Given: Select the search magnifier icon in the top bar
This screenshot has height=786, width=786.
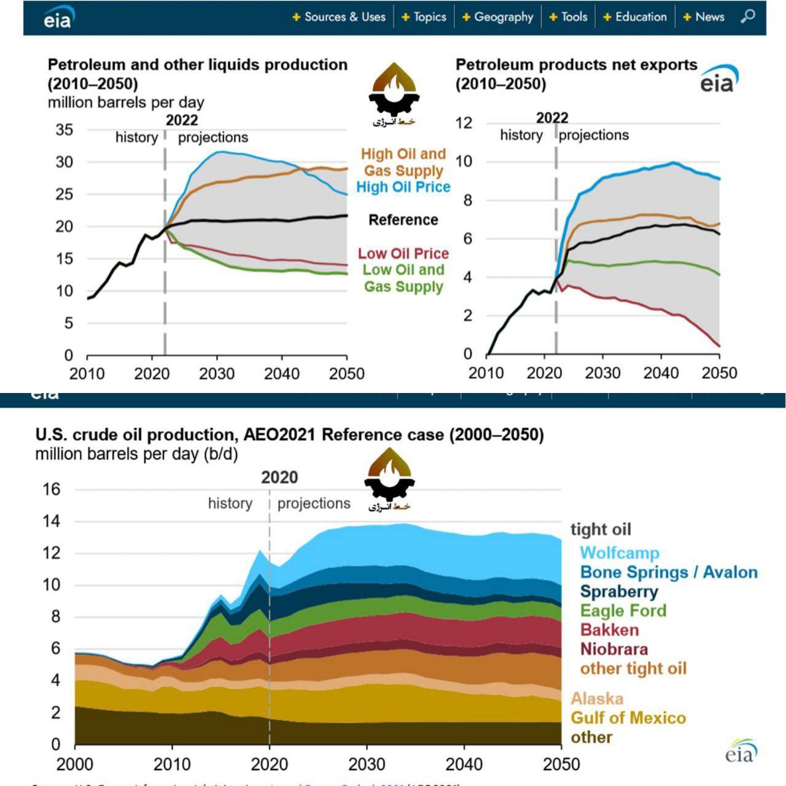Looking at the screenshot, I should pos(748,17).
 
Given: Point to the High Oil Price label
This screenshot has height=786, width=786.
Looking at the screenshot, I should pos(403,187).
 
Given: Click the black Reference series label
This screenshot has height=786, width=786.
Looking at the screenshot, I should pos(403,220).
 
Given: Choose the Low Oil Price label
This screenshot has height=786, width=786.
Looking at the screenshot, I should pos(403,253).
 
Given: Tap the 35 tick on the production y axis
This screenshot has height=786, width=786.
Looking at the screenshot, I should pos(64,130).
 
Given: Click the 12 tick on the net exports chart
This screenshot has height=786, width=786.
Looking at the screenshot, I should pos(464,123).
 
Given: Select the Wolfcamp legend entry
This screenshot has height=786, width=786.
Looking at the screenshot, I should pos(619,553).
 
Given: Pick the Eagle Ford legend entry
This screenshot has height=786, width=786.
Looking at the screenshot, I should pos(623,610).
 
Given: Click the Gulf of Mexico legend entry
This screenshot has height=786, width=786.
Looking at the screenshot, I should pos(628,717).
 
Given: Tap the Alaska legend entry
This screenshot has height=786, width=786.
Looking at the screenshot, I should pos(597,698).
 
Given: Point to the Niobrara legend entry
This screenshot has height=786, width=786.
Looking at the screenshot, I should pos(613,648).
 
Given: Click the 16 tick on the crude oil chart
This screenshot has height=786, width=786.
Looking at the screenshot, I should pos(52,489).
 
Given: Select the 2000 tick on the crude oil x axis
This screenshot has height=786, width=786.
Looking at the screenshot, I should pos(75,764).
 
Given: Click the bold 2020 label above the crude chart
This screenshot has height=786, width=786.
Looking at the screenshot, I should pos(279,477).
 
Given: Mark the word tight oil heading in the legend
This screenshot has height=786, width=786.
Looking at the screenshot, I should pos(601,529).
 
